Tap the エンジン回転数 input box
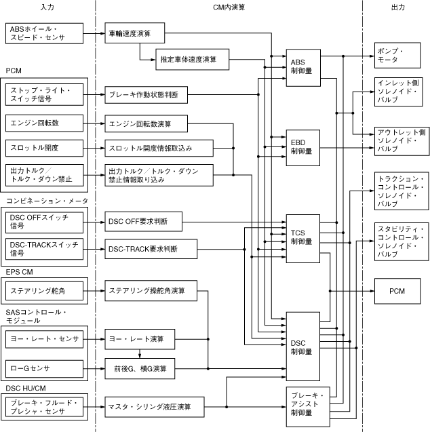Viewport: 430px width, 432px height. (44, 123)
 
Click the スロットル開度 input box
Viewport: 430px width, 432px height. (44, 147)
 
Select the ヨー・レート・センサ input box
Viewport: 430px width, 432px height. (44, 338)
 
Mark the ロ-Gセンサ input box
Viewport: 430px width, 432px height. (44, 368)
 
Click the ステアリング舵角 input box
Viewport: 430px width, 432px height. (44, 292)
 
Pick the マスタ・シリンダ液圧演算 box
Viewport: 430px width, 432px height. (155, 407)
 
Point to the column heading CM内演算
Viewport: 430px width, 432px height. (229, 7)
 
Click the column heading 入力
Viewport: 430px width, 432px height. (48, 7)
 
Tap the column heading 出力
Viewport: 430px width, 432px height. (398, 7)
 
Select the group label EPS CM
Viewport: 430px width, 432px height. (21, 271)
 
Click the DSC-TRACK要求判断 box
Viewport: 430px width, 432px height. (151, 249)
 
